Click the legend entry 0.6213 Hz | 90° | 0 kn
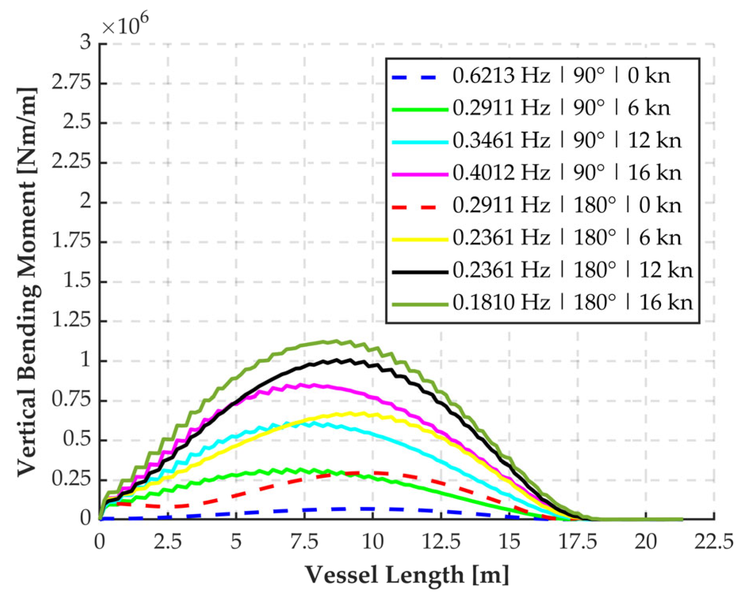(561, 75)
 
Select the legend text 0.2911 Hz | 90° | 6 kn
(561, 108)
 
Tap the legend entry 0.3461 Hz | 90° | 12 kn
(567, 140)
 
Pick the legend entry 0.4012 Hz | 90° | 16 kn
(567, 173)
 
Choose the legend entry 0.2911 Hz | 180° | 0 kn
(567, 205)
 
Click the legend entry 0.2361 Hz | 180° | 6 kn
(567, 238)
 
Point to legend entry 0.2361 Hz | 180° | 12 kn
(572, 270)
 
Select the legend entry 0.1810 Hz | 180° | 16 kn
(572, 303)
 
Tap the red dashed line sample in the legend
(415, 207)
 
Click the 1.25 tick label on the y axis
(71, 320)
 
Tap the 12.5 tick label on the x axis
(441, 542)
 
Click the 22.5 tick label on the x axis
(713, 542)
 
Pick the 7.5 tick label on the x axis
(304, 542)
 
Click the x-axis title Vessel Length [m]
(407, 575)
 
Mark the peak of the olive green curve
(336, 341)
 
